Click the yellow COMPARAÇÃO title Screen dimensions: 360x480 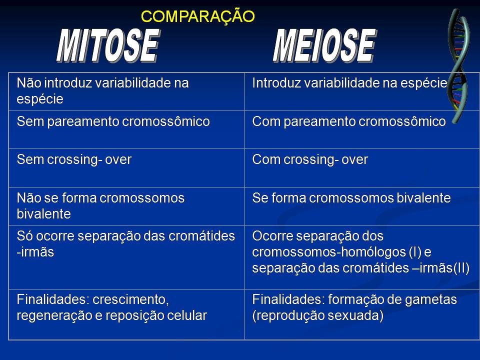[198, 16]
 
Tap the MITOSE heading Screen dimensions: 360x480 [107, 46]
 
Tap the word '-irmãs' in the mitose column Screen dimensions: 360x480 [35, 252]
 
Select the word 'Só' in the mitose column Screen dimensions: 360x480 [24, 236]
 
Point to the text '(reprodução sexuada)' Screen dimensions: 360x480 [318, 316]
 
